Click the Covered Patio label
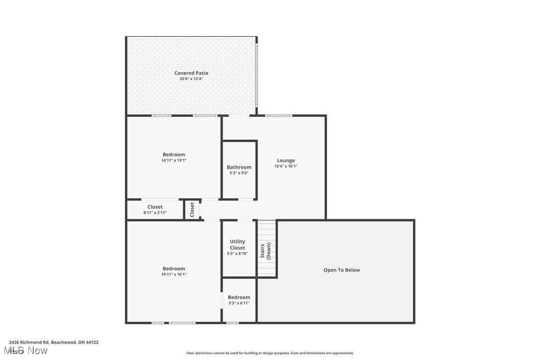coord(191,73)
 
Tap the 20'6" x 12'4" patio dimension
coord(191,79)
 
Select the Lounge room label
coord(285,161)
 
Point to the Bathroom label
coord(239,167)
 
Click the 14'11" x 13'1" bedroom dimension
coord(174,161)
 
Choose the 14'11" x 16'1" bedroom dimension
coord(174,274)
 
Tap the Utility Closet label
coord(237,245)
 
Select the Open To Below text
coord(341,270)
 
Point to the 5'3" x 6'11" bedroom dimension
coord(239,303)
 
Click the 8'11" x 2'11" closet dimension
coord(155,213)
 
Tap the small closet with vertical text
coord(192,209)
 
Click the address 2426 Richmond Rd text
coord(54,342)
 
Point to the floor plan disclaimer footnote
coord(270,353)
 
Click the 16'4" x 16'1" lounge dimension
coord(285,167)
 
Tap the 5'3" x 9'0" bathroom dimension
coord(239,173)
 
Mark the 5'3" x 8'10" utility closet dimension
coord(237,254)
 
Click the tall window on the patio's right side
coord(257,76)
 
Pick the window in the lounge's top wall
coord(278,116)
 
